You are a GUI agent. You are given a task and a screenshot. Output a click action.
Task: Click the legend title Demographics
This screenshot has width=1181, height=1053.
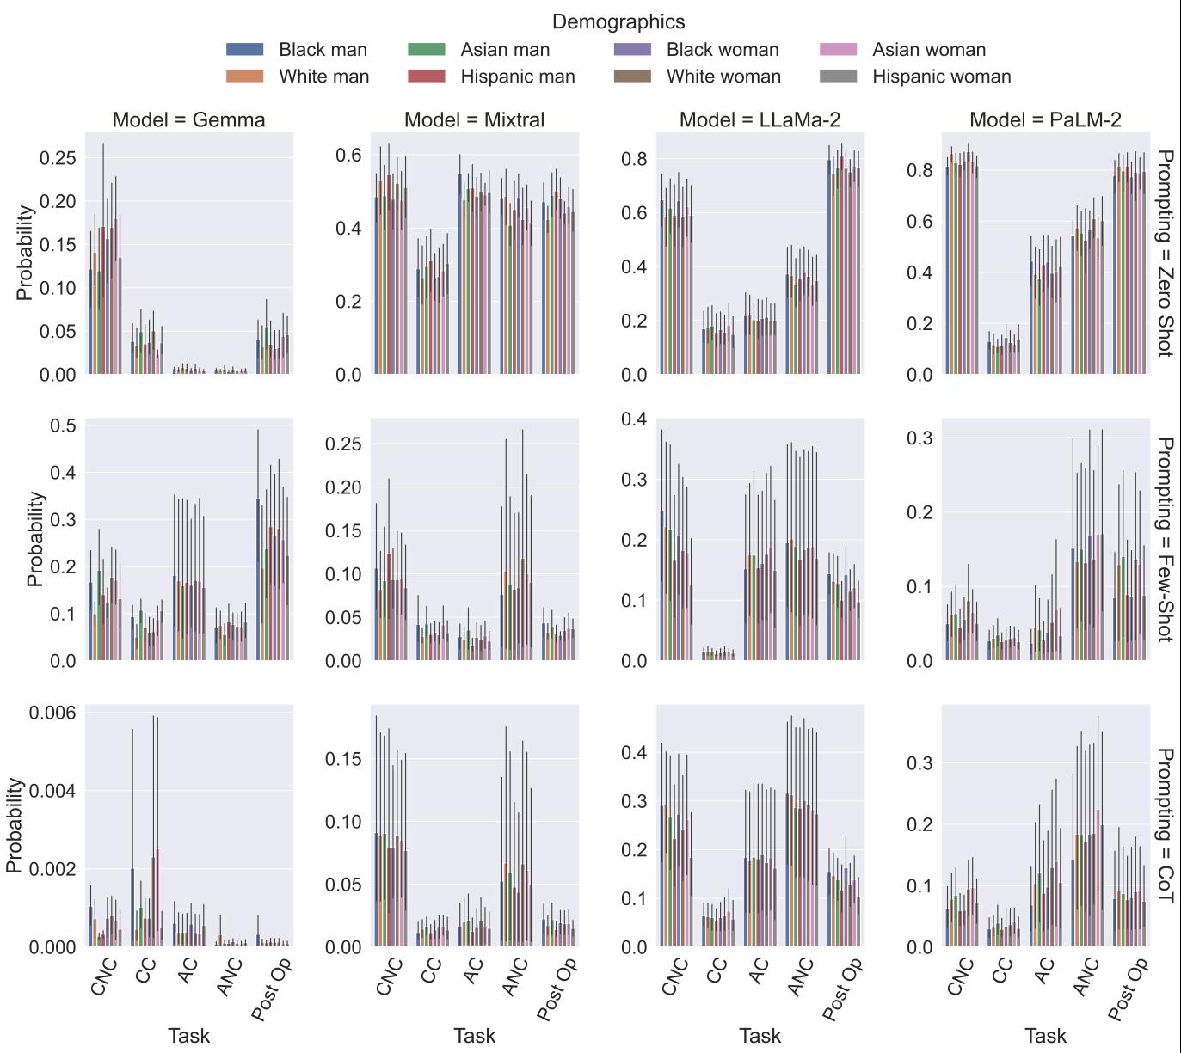(x=618, y=21)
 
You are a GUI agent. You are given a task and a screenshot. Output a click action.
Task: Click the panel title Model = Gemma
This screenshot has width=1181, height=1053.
(x=189, y=120)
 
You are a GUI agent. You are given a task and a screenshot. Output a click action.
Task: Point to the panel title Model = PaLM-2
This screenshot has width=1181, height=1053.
(x=1045, y=120)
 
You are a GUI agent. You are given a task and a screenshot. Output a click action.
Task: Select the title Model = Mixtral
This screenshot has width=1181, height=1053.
(x=474, y=120)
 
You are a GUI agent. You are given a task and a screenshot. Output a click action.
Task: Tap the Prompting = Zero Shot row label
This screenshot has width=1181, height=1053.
(x=1165, y=254)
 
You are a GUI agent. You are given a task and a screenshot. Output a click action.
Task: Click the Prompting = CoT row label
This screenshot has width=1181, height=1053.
(x=1165, y=825)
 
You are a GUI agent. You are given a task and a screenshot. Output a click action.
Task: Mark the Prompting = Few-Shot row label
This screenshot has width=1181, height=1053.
(x=1165, y=540)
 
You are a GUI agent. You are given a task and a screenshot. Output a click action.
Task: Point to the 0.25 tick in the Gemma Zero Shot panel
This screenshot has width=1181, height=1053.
(x=58, y=158)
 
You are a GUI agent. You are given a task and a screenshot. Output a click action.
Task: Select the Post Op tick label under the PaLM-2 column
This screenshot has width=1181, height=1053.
(x=1129, y=990)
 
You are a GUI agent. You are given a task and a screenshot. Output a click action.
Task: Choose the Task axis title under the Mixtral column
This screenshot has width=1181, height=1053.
(x=474, y=1036)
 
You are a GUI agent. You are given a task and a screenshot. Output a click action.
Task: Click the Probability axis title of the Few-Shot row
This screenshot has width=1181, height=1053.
(x=34, y=539)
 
